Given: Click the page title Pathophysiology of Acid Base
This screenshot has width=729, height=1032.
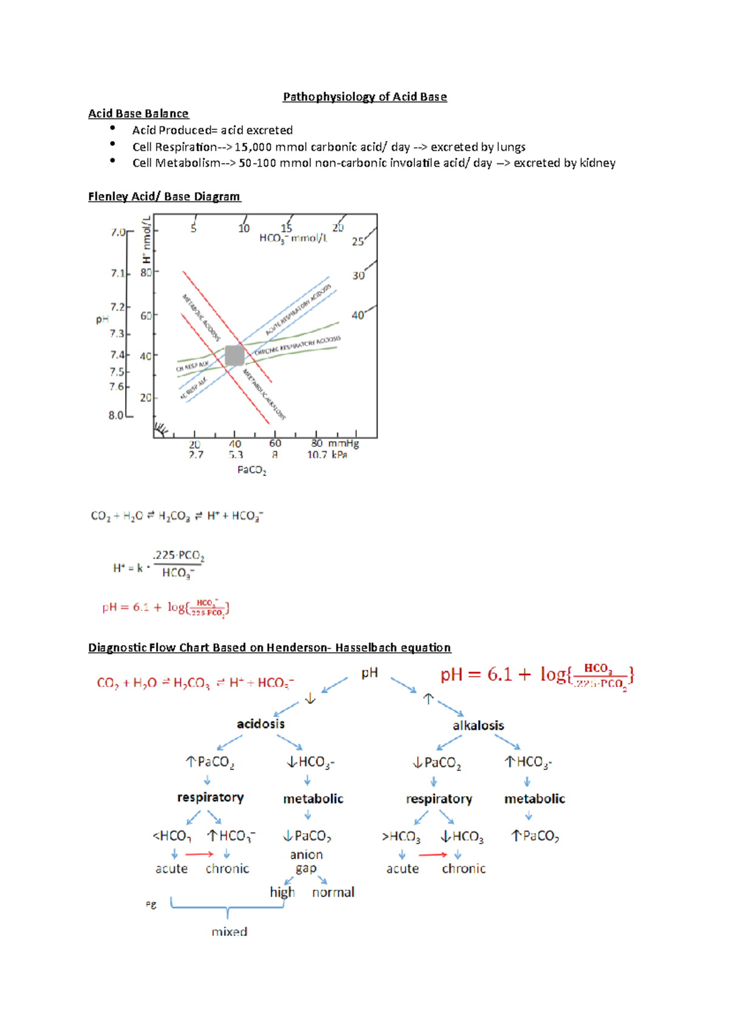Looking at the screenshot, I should tap(364, 97).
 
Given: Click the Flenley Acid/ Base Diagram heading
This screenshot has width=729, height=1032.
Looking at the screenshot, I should tap(164, 196).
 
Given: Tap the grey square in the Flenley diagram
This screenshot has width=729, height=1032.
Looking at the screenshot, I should tap(234, 355).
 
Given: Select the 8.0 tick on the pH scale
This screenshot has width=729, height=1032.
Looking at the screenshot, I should tap(117, 416).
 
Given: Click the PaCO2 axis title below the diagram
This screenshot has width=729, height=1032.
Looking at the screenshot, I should tap(252, 470).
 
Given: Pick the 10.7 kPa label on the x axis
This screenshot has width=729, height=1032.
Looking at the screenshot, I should tap(327, 455).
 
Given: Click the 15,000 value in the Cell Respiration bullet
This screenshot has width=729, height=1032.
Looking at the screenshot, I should tap(253, 147).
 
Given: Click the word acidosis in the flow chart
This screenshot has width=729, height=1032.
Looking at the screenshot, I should tap(261, 724).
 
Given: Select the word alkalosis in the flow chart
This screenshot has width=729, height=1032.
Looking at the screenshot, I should tap(478, 726).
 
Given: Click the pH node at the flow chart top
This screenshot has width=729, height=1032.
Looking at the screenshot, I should tap(369, 673).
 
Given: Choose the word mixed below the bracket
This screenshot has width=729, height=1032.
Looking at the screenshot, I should tap(229, 932).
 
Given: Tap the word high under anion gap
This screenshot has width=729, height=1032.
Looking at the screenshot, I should tap(282, 892).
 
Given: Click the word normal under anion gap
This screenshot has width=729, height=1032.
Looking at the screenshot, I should tap(333, 892).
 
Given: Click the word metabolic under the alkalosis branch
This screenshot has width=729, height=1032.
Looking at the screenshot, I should tap(535, 799).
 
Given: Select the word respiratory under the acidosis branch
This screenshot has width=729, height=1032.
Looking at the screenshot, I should tap(210, 797).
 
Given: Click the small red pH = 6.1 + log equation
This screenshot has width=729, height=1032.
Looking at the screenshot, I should tap(165, 607).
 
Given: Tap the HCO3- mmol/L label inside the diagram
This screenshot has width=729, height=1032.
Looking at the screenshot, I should tap(293, 238).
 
